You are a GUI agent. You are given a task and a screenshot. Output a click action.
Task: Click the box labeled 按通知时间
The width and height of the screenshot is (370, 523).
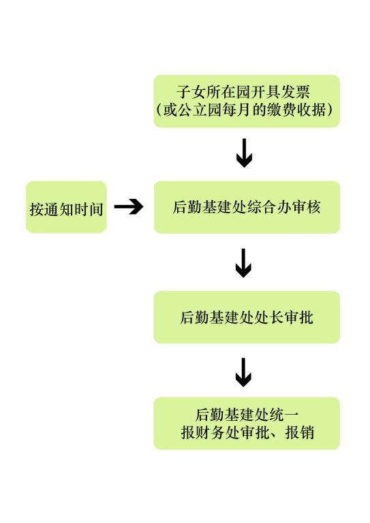point(66,207)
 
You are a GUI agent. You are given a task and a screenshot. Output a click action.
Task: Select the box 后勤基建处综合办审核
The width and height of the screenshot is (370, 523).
point(247,207)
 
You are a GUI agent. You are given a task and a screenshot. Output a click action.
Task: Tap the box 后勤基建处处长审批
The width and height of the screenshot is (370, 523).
point(247,317)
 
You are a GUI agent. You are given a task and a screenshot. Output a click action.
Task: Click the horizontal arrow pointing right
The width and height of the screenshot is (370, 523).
point(129,207)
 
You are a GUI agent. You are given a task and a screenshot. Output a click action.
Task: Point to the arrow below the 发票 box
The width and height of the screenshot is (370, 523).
point(244,153)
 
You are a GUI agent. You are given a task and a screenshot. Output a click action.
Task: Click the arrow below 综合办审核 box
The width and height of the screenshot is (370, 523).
point(243,263)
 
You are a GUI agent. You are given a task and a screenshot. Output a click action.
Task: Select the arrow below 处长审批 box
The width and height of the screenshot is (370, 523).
point(243,373)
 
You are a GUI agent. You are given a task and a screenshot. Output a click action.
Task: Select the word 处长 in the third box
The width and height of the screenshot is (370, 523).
point(269,317)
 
